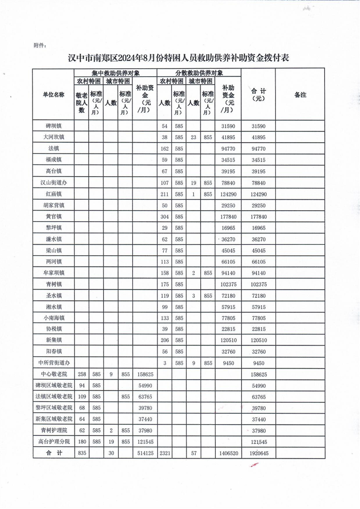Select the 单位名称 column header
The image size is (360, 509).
click(53, 95)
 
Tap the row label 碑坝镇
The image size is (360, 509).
click(53, 125)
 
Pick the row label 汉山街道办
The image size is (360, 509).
click(53, 182)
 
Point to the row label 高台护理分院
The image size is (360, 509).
click(53, 441)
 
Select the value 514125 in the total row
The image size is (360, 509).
click(144, 453)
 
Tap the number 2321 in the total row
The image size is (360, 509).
click(164, 453)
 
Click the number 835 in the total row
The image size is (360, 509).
click(82, 453)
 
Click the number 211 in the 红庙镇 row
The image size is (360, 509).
click(164, 193)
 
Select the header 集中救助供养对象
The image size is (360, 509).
click(115, 73)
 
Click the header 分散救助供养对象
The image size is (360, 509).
click(199, 73)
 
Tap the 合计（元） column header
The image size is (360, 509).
click(257, 94)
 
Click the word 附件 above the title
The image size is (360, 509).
click(39, 45)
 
